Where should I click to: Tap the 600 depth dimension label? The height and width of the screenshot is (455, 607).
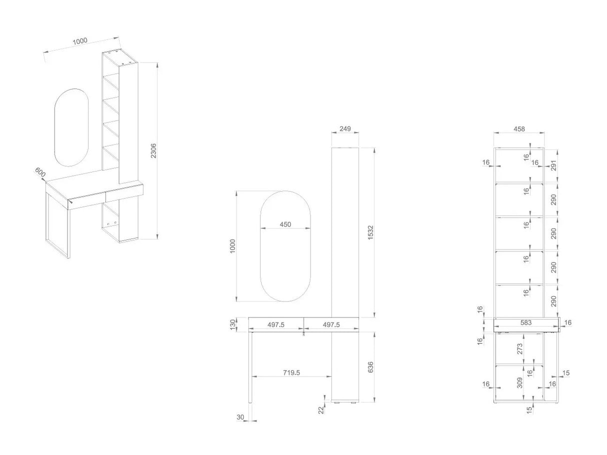pyautogui.click(x=40, y=172)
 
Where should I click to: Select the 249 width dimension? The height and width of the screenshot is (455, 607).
pyautogui.click(x=345, y=128)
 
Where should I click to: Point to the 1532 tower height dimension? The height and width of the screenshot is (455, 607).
pyautogui.click(x=371, y=232)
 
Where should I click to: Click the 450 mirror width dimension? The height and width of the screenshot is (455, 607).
pyautogui.click(x=285, y=224)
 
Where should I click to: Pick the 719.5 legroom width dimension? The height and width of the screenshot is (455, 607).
pyautogui.click(x=291, y=372)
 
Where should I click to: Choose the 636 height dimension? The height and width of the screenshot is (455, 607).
pyautogui.click(x=371, y=367)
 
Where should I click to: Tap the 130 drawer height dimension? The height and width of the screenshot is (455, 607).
pyautogui.click(x=233, y=324)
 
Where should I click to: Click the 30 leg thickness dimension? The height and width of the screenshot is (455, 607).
pyautogui.click(x=240, y=417)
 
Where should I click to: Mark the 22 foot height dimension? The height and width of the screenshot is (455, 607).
pyautogui.click(x=321, y=410)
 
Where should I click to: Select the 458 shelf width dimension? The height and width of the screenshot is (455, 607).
pyautogui.click(x=519, y=129)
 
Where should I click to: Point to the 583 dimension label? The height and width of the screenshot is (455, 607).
pyautogui.click(x=525, y=322)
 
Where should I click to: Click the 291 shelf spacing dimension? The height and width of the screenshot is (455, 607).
pyautogui.click(x=553, y=165)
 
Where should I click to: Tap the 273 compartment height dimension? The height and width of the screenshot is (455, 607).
pyautogui.click(x=520, y=348)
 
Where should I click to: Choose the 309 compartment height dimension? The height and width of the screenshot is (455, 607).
pyautogui.click(x=520, y=383)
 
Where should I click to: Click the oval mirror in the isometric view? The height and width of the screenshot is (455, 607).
pyautogui.click(x=71, y=127)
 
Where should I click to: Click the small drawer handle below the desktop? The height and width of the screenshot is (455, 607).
pyautogui.click(x=303, y=334)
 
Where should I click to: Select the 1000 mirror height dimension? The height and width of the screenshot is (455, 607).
pyautogui.click(x=232, y=246)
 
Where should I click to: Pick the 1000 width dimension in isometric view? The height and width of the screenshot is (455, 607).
pyautogui.click(x=80, y=41)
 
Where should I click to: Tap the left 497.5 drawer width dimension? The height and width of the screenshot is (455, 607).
pyautogui.click(x=275, y=324)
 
